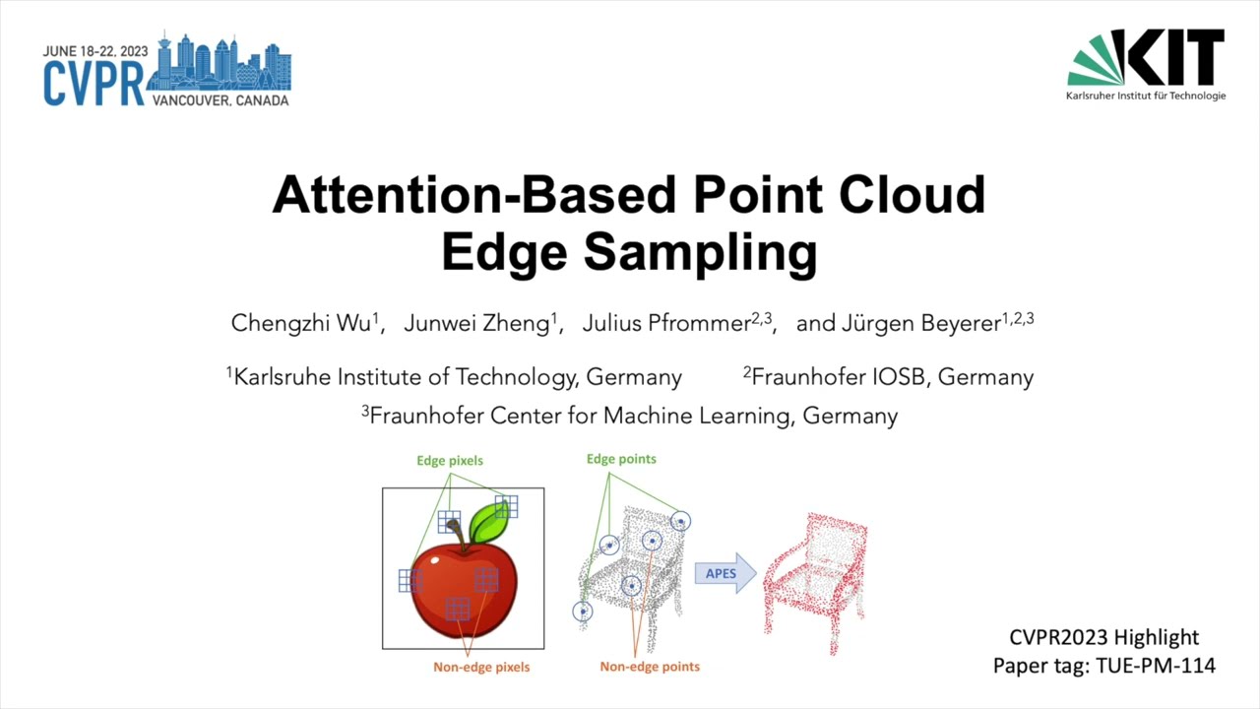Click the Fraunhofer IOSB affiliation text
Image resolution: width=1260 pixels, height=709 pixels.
click(889, 377)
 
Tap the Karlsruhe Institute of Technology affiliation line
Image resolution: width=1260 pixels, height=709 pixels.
click(455, 377)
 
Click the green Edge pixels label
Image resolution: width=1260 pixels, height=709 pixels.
click(450, 460)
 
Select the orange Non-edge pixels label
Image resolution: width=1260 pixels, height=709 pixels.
click(481, 667)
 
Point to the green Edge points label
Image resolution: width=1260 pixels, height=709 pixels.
click(621, 459)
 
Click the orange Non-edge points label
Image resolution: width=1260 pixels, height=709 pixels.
click(650, 667)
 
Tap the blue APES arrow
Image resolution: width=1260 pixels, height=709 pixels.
click(724, 574)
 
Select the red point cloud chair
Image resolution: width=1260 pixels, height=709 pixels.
click(815, 581)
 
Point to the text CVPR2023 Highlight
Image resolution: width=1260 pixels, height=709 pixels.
click(1103, 637)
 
